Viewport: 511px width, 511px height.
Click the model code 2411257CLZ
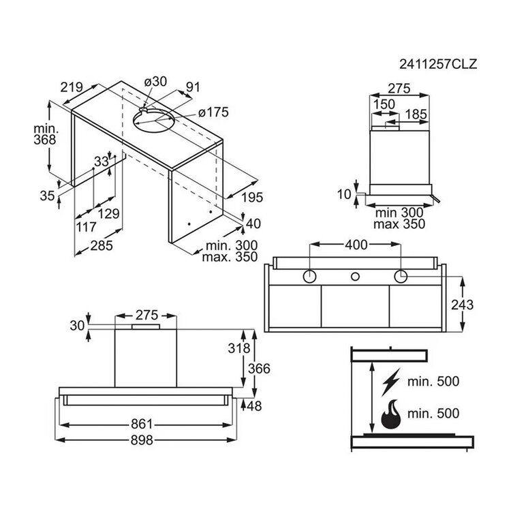[438, 64]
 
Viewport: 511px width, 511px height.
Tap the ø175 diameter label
[213, 112]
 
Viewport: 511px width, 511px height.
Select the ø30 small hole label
[155, 82]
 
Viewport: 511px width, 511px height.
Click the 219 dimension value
[72, 87]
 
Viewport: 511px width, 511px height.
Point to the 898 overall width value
[142, 440]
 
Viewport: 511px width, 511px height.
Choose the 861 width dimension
[142, 424]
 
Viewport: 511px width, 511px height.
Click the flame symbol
[391, 414]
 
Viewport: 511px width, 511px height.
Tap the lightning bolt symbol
[391, 382]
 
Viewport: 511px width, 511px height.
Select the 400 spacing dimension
[356, 245]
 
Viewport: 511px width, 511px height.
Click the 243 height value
[462, 305]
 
